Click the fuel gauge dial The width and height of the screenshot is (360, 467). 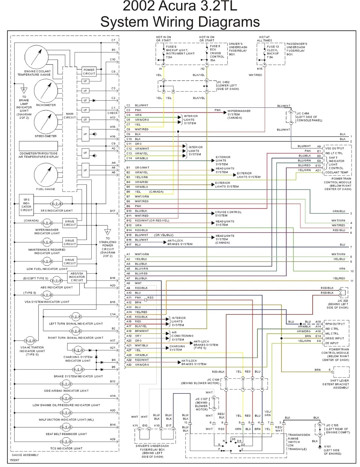pos(46,175)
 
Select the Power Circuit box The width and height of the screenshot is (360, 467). pos(89,72)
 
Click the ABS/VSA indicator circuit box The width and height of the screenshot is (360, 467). pos(77,277)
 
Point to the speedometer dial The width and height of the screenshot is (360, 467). pos(46,122)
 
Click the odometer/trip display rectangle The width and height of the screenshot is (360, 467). pos(38,146)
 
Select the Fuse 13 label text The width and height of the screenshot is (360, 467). pos(273,47)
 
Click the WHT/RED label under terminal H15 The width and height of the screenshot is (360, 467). pos(255,75)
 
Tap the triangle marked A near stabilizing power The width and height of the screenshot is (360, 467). pos(108,231)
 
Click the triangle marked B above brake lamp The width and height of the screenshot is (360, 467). pos(24,90)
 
